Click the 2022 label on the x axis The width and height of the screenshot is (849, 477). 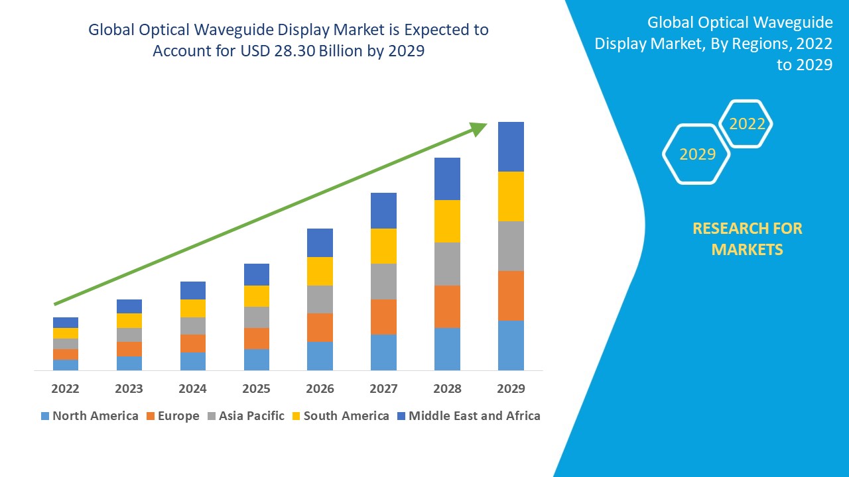[x=65, y=388]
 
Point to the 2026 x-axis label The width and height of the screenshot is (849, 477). [x=320, y=388]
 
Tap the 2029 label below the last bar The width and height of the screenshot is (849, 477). [x=511, y=388]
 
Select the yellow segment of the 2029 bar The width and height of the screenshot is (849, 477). [x=511, y=196]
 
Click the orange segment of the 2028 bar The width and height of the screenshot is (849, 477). [x=447, y=306]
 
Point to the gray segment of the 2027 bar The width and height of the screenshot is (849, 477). [x=383, y=281]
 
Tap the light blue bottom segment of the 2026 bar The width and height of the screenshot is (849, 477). [x=320, y=356]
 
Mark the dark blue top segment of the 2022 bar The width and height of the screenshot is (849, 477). [x=65, y=322]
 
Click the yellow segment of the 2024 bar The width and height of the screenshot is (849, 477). [x=192, y=308]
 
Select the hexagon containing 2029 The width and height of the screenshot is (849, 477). [x=696, y=154]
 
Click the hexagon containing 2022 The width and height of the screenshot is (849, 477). [x=747, y=124]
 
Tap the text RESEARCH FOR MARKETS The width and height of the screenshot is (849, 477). [x=747, y=238]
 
